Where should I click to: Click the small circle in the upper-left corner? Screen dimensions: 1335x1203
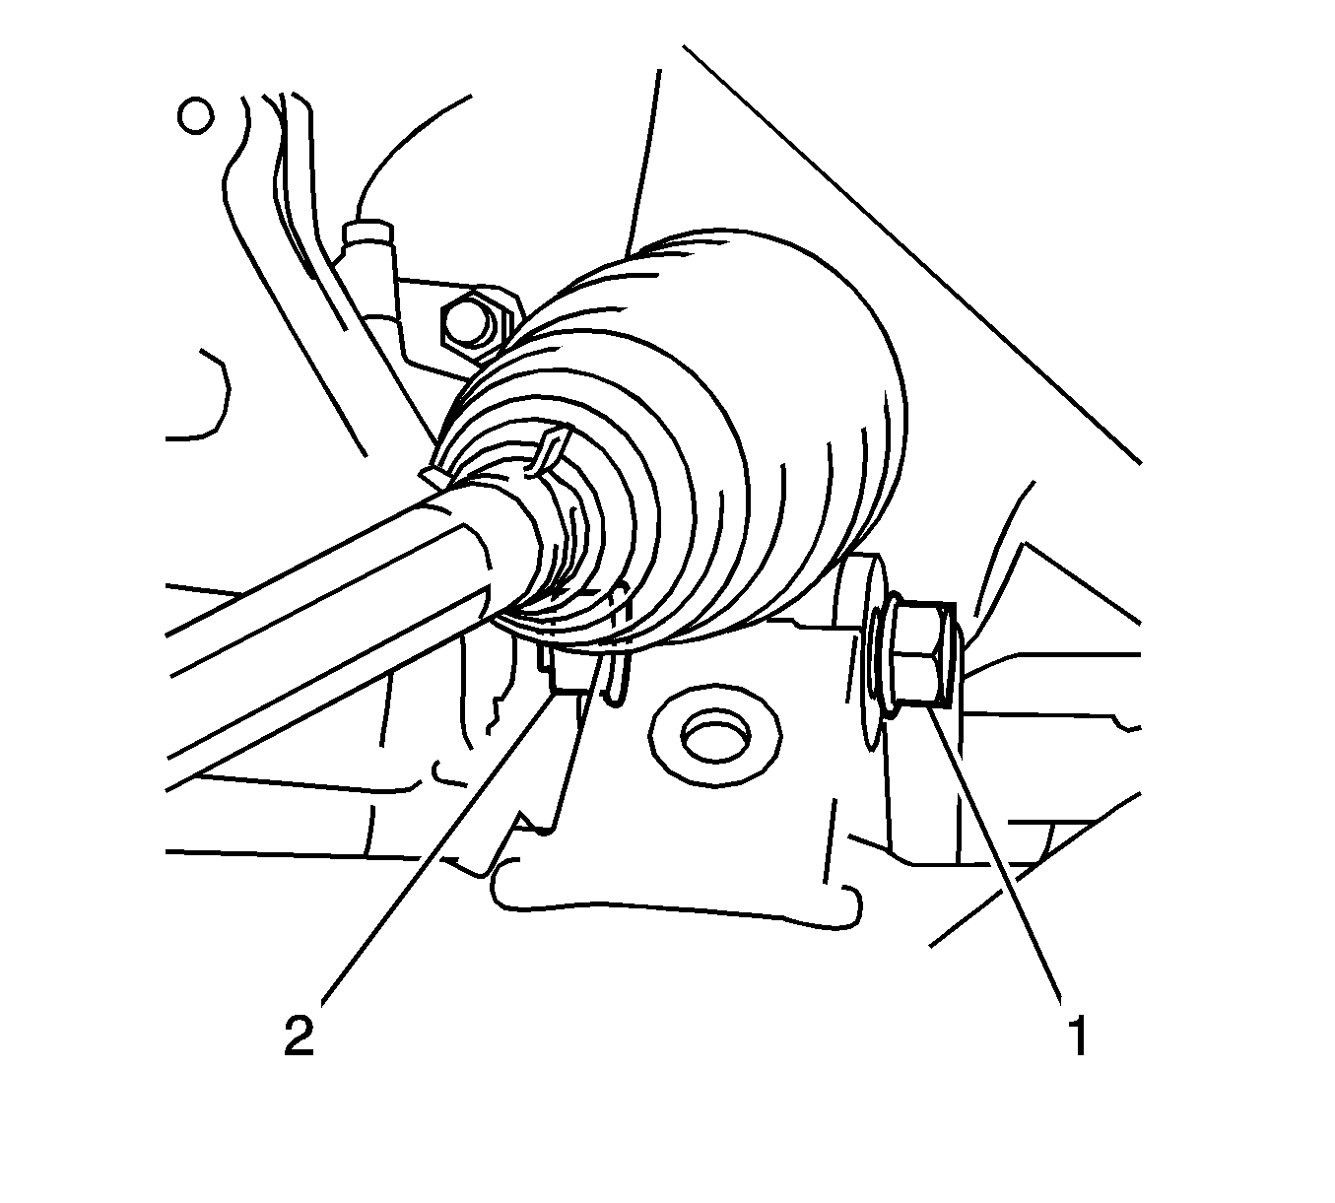(196, 116)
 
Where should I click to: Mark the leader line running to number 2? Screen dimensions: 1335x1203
(437, 846)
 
